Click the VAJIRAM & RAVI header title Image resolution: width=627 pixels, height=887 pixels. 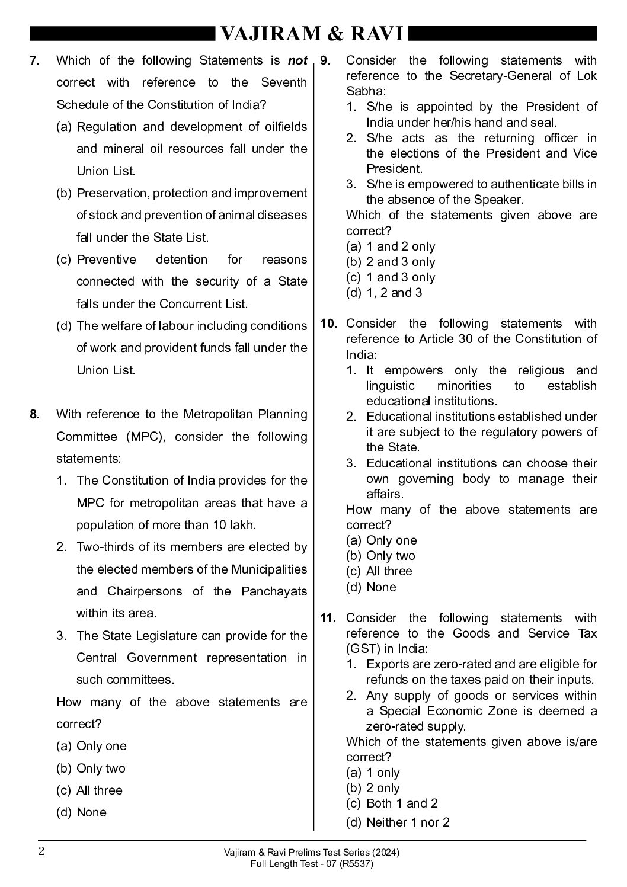pos(312,34)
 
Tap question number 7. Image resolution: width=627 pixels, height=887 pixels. pos(34,60)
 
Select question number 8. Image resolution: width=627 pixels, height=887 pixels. pos(34,414)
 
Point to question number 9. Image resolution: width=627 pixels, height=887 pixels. pos(325,60)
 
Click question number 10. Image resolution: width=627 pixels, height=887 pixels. pos(328,324)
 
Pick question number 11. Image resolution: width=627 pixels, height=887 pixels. pos(328,618)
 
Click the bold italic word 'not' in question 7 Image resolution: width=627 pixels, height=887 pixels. pos(297,60)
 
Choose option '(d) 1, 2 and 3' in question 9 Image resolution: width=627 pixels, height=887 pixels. pos(384,293)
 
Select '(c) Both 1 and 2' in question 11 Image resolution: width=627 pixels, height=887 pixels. pos(392,803)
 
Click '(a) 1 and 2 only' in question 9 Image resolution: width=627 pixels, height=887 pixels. pos(391,246)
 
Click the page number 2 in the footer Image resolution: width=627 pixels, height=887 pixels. pos(41,851)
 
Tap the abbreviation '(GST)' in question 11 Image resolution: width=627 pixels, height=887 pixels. pos(362,649)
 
